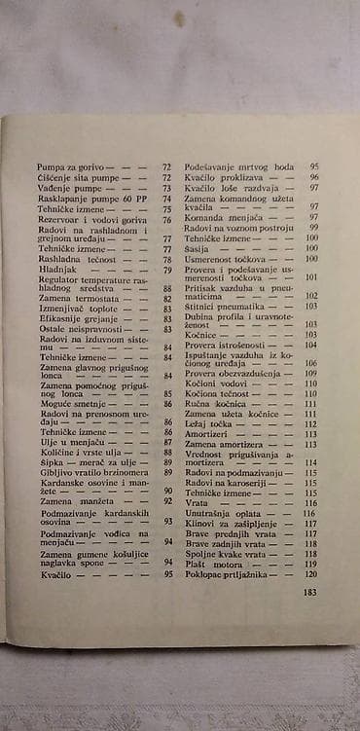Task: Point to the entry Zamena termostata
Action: point(74,299)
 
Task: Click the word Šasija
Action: point(198,248)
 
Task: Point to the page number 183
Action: point(311,591)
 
